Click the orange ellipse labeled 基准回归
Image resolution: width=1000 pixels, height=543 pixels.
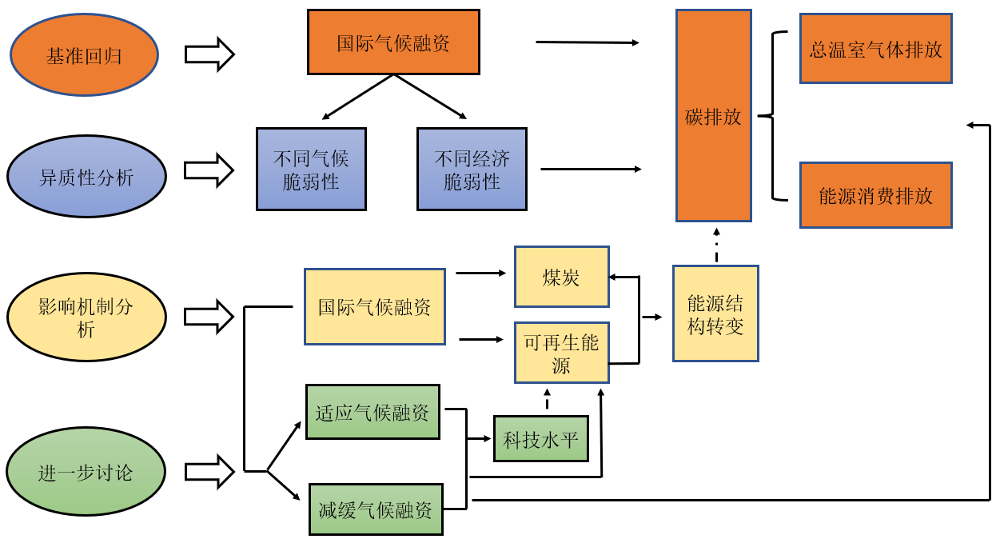click(84, 55)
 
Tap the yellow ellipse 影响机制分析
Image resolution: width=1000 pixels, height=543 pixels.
click(86, 317)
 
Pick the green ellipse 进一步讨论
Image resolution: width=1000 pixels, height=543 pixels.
click(86, 473)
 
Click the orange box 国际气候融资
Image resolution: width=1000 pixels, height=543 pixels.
click(393, 42)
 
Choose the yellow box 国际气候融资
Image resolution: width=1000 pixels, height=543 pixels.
click(374, 306)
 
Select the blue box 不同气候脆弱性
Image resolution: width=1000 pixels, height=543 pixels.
click(311, 170)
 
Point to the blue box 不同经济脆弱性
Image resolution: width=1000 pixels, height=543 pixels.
click(472, 170)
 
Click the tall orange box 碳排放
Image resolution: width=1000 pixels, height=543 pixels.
click(713, 116)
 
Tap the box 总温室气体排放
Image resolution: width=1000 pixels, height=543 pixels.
click(875, 48)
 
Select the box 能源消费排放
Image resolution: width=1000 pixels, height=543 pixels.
click(875, 195)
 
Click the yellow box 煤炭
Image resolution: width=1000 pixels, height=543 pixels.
click(561, 277)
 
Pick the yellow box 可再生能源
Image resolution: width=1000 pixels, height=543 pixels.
click(561, 353)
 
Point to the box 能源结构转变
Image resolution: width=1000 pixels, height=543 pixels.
click(715, 313)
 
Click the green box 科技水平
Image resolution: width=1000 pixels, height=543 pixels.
click(540, 438)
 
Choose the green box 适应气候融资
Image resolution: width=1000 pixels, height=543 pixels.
click(373, 412)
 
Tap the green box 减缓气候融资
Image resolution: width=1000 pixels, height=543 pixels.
click(375, 509)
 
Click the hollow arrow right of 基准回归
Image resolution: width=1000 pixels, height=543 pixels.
click(209, 54)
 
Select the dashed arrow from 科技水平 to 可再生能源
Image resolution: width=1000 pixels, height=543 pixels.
click(547, 400)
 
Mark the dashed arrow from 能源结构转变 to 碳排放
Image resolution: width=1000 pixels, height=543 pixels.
click(715, 244)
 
